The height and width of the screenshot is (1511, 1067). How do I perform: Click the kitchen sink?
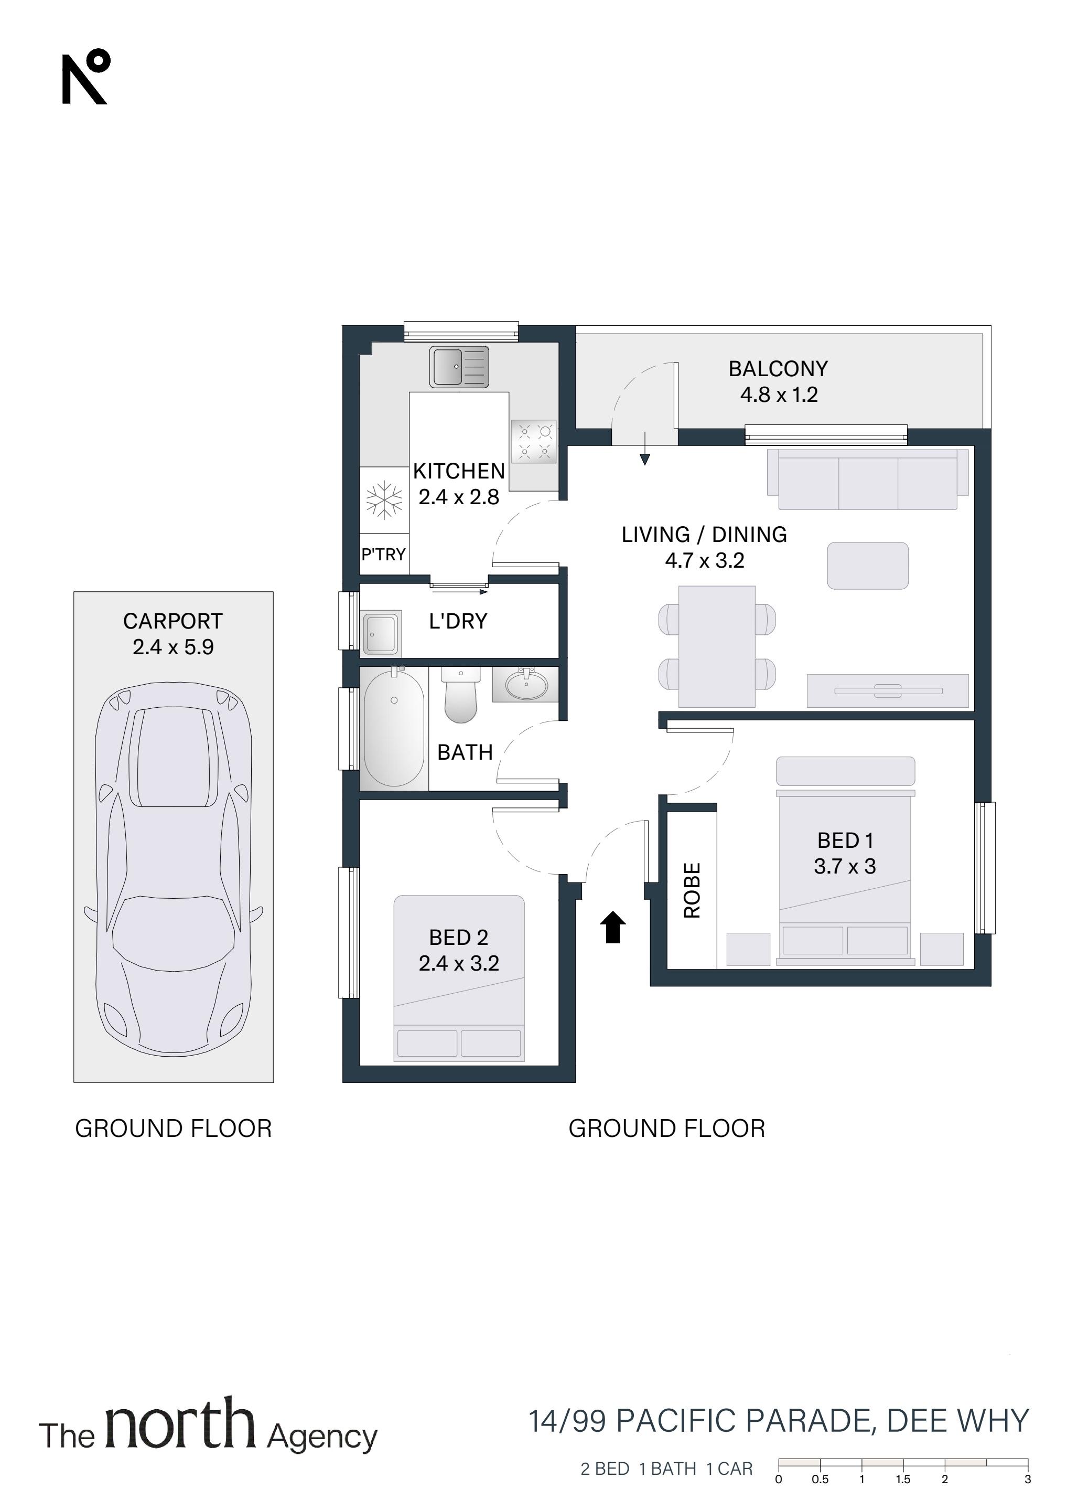tap(459, 367)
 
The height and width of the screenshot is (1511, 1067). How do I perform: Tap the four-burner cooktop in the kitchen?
tap(534, 442)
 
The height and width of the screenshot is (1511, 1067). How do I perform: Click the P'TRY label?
tap(383, 554)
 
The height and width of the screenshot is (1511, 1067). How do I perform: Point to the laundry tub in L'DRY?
tap(381, 633)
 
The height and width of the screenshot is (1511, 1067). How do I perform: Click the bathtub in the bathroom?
tap(394, 727)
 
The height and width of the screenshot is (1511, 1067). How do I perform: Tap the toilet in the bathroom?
tap(460, 695)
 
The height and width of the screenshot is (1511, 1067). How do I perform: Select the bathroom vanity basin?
tap(525, 685)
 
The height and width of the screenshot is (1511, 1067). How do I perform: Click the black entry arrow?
tap(612, 927)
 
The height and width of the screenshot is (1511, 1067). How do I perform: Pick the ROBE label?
tap(692, 890)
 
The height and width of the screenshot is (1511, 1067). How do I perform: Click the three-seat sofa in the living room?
tap(868, 479)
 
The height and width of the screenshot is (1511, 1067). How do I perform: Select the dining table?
tap(717, 646)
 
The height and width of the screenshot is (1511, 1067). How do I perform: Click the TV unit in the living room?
tap(888, 690)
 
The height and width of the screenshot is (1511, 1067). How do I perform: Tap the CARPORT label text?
tap(173, 621)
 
